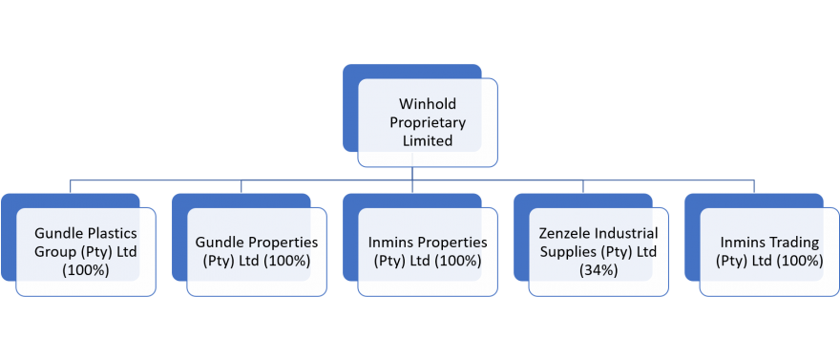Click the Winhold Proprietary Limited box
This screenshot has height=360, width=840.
(427, 121)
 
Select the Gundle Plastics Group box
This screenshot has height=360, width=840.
(86, 251)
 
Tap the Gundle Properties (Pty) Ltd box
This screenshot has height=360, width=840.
(257, 251)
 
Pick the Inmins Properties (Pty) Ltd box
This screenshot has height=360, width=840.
(428, 251)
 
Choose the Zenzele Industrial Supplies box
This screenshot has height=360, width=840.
(598, 251)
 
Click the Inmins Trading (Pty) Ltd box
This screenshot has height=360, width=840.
(768, 251)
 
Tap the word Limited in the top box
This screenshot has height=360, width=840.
(427, 140)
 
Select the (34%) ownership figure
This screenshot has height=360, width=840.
(598, 270)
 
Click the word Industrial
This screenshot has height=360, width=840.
(624, 233)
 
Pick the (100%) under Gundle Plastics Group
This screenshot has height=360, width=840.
(86, 270)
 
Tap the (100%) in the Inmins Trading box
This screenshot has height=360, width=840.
(791, 261)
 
